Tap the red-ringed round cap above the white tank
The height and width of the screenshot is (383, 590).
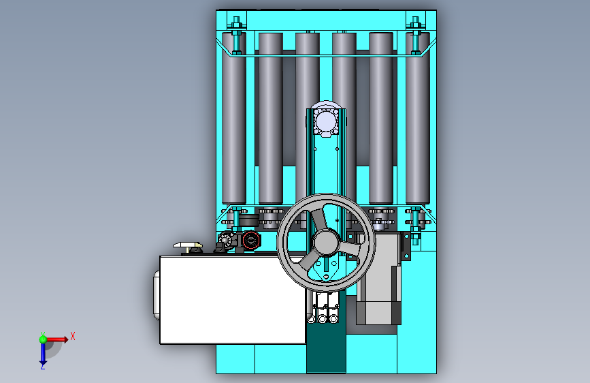tap(251, 240)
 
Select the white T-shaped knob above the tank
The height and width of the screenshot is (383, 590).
tap(188, 247)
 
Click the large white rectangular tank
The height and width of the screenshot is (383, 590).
tap(233, 300)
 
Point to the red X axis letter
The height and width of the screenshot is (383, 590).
tap(73, 336)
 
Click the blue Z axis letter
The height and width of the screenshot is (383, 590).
tap(43, 366)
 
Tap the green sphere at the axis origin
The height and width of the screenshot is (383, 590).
tap(43, 339)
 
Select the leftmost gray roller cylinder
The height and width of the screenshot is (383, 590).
tap(234, 119)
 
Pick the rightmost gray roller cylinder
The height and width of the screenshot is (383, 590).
tap(418, 119)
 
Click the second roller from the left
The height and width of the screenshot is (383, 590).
tap(271, 119)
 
